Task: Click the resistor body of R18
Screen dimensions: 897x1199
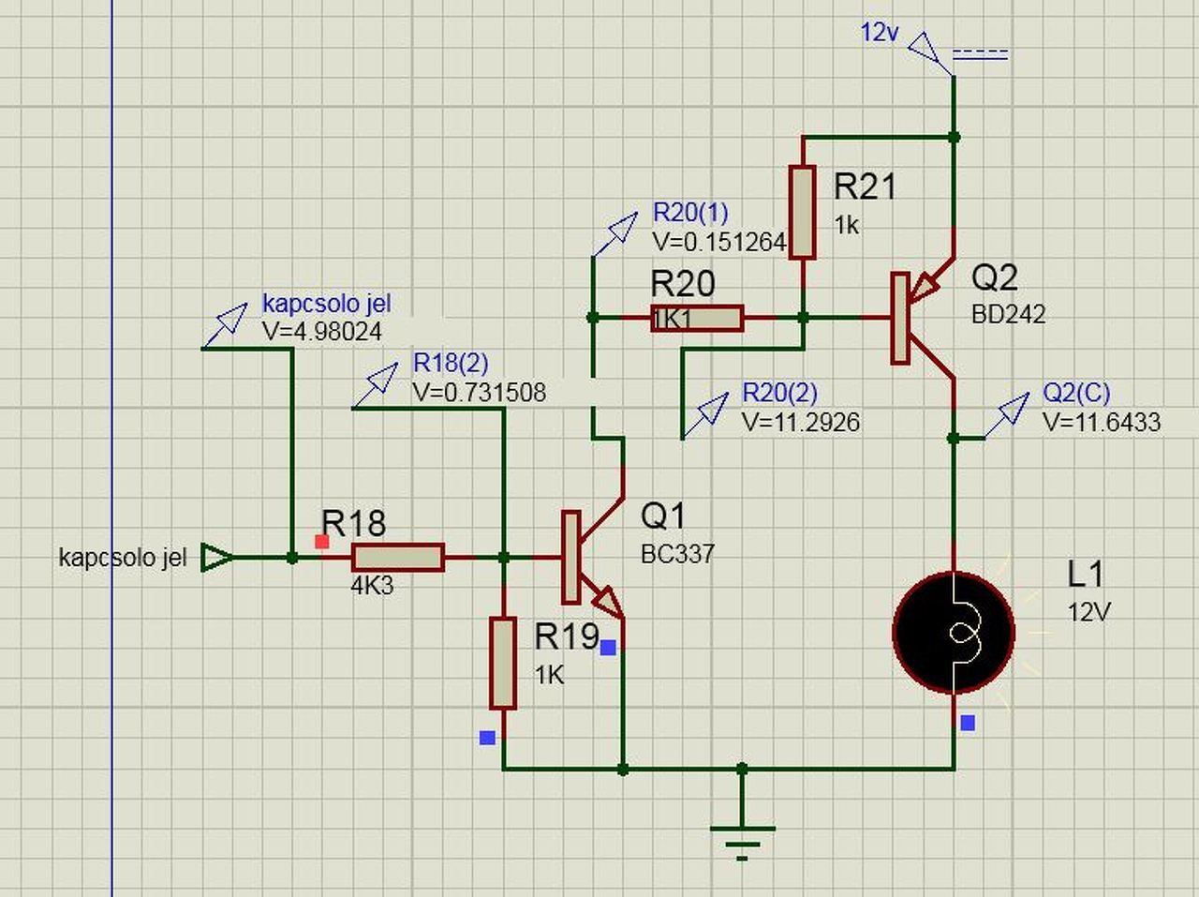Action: tap(397, 558)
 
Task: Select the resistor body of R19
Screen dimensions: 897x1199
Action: tap(503, 663)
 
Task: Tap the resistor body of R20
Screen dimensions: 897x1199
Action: tap(697, 319)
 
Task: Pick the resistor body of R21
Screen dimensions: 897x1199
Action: tap(803, 212)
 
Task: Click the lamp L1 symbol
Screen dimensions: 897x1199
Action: tap(954, 634)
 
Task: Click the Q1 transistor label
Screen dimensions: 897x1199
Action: tap(662, 515)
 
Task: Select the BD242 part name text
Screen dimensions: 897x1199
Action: tap(1008, 314)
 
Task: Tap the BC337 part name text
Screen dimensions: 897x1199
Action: tap(677, 554)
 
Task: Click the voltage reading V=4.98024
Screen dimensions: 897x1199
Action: tap(322, 332)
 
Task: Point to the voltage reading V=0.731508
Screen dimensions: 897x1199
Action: tap(479, 392)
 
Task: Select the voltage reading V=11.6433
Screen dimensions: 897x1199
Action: tap(1101, 422)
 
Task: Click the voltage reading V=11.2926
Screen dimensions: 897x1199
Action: tap(800, 422)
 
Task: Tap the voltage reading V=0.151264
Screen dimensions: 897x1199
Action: tap(718, 242)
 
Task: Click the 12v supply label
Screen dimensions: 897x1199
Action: tap(880, 33)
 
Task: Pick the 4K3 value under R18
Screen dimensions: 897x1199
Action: tap(372, 587)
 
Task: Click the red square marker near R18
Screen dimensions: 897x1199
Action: tap(322, 542)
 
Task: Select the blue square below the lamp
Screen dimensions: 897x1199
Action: tap(968, 723)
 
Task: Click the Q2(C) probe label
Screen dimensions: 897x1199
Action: tap(1076, 392)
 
